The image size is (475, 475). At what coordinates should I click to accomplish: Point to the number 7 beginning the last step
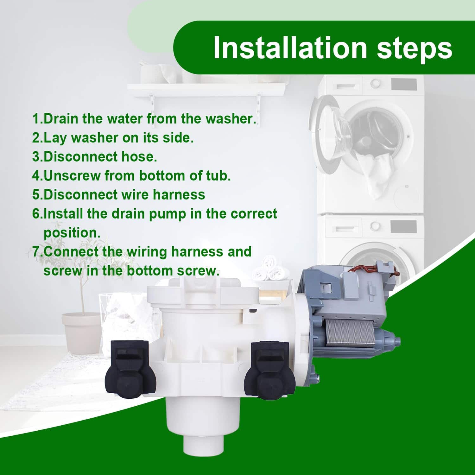(x=37, y=252)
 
